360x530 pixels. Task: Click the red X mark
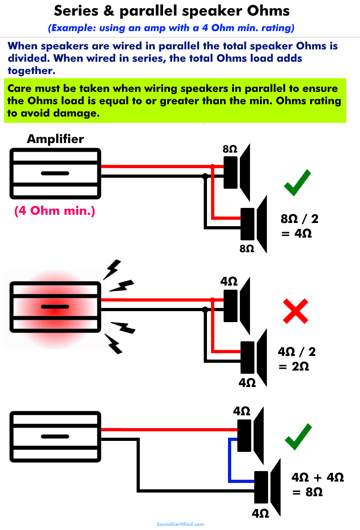(x=296, y=312)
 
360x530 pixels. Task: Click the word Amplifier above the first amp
(x=55, y=139)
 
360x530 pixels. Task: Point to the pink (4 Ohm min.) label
(x=55, y=211)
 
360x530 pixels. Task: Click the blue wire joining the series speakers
(x=229, y=461)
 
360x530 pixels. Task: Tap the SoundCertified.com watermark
(x=180, y=525)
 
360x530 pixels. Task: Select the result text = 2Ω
(x=295, y=366)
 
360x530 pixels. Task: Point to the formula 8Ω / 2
(x=299, y=219)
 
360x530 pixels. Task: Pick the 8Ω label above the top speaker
(x=229, y=149)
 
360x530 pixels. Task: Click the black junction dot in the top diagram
(x=205, y=175)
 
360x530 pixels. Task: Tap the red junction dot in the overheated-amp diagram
(x=212, y=300)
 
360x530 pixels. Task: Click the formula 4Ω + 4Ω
(x=318, y=477)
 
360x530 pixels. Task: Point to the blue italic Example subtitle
(x=171, y=27)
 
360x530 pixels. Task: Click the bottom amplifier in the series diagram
(x=55, y=436)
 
